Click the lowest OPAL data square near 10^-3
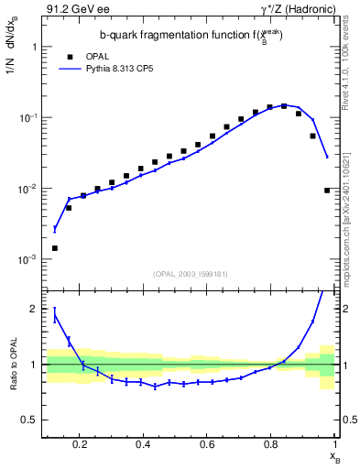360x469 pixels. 55,248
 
